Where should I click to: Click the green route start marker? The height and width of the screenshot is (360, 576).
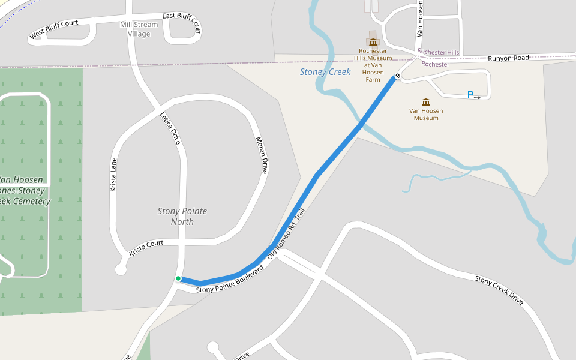tap(178, 278)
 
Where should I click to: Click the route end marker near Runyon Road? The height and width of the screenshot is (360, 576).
tap(397, 76)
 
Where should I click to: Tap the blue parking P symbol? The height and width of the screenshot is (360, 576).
tap(470, 95)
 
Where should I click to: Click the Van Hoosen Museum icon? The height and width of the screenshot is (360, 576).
tap(426, 101)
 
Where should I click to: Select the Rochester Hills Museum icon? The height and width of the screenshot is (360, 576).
tap(373, 41)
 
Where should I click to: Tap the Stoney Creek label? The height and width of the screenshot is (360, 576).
tap(325, 72)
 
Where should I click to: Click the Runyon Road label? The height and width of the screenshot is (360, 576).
tap(508, 58)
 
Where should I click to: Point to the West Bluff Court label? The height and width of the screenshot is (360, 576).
tap(54, 31)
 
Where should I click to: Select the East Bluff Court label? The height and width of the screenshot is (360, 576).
tap(181, 22)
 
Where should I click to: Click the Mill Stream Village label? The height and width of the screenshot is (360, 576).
tap(139, 29)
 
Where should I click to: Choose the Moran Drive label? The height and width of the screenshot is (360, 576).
tap(262, 155)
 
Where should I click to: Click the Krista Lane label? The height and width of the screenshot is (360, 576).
tap(113, 175)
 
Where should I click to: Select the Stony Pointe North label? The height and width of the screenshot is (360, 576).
tap(182, 216)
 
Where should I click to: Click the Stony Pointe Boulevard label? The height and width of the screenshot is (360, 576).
tap(230, 280)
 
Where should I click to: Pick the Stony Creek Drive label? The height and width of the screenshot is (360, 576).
tap(499, 290)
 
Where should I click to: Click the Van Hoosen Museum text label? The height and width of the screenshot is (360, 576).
tap(426, 114)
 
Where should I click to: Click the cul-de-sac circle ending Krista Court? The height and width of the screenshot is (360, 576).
tap(121, 269)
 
